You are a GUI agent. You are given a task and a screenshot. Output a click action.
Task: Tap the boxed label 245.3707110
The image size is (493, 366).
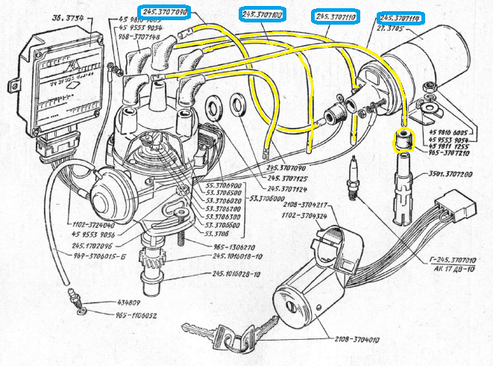pos(336,16)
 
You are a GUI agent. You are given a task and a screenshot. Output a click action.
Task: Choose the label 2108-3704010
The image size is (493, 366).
pos(352,340)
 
